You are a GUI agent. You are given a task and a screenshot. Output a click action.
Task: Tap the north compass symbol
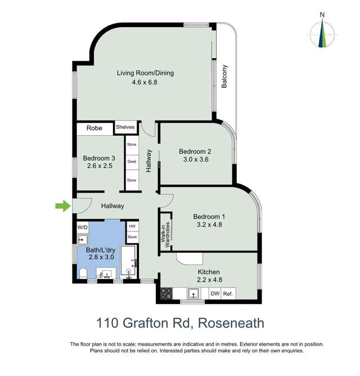click(322, 34)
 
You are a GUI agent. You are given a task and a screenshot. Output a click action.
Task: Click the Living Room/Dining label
click(145, 73)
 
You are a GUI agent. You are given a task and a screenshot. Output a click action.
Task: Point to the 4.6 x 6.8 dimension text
click(145, 82)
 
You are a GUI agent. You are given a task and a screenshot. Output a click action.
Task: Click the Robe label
click(94, 128)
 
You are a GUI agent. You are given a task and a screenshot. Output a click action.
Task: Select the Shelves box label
click(125, 127)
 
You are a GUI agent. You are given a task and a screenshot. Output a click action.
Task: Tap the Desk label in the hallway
click(132, 162)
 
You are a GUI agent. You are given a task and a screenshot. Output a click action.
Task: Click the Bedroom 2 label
click(195, 151)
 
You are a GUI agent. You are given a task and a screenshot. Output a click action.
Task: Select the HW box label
click(132, 226)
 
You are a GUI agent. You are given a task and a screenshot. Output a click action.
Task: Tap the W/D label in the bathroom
click(83, 227)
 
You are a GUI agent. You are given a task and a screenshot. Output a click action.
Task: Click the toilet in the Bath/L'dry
click(83, 274)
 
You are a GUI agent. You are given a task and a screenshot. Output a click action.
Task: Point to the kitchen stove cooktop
click(167, 293)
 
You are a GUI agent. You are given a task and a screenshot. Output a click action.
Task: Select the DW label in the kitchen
click(214, 293)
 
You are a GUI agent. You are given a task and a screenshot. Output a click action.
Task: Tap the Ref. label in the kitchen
click(228, 293)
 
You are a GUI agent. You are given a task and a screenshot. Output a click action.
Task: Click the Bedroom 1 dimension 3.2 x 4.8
click(209, 226)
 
